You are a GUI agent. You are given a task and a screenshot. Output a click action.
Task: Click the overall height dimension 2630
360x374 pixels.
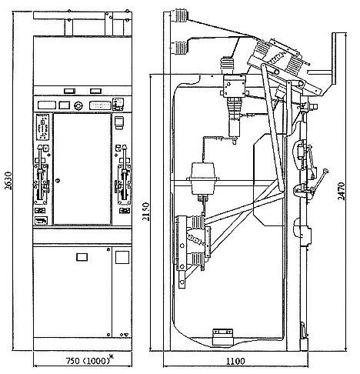tap(8, 181)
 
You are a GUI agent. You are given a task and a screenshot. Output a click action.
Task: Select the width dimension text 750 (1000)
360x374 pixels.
tap(88, 361)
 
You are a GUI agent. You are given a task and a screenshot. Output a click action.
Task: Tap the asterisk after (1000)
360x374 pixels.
tap(112, 356)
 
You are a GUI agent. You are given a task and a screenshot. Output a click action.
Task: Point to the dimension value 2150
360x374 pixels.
tap(146, 212)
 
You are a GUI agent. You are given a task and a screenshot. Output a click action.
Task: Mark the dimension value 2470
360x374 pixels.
tap(341, 191)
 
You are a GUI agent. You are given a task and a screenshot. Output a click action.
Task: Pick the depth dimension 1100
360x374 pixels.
tap(235, 361)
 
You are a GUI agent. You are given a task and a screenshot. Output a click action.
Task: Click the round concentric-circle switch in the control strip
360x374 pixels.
tap(78, 105)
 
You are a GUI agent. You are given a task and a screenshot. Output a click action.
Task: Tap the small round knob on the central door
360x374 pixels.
tap(58, 181)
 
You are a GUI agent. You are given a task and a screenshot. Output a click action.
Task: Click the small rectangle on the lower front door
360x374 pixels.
tap(82, 257)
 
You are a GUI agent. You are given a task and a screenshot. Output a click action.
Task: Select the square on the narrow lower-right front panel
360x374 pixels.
tap(122, 257)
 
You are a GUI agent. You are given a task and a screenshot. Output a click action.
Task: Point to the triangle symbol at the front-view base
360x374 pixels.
tap(126, 335)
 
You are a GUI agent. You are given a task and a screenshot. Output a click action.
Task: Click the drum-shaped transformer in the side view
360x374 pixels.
tap(202, 179)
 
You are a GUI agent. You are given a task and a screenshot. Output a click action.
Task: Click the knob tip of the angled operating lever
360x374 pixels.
tap(325, 171)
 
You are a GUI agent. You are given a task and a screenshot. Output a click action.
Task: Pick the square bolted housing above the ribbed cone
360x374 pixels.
tap(234, 86)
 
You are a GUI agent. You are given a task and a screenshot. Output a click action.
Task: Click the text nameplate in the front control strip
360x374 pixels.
tap(100, 105)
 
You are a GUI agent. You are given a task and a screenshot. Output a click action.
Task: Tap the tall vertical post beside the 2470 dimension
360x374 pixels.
tap(334, 58)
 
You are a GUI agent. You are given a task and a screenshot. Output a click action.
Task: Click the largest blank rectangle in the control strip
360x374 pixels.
tap(47, 105)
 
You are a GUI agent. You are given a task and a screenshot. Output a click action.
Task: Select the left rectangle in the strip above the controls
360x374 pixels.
tap(69, 91)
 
